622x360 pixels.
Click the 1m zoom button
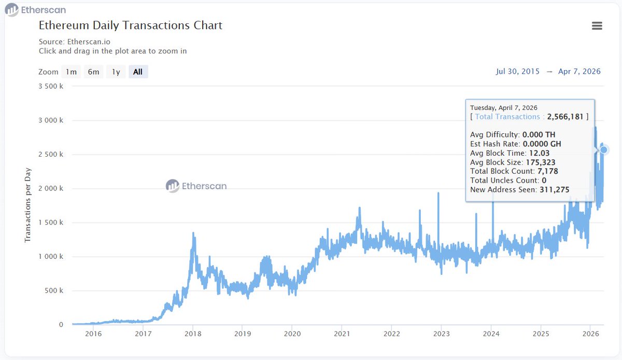(72, 72)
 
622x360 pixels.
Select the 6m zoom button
(93, 72)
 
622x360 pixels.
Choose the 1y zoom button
(116, 72)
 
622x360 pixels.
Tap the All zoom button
(138, 72)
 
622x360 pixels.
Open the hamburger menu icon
(597, 26)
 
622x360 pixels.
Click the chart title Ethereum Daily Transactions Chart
(131, 25)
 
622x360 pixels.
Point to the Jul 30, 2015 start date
(517, 72)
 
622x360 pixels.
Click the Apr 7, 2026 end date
(579, 72)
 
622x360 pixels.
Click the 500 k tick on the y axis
(54, 290)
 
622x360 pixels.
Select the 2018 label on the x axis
(193, 334)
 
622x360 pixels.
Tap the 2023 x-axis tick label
(441, 334)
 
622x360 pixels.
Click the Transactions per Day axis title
(28, 206)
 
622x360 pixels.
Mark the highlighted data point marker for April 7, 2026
(603, 150)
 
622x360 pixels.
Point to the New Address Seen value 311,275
(555, 190)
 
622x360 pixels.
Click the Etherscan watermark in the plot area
(196, 186)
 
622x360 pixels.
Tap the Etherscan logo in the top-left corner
(36, 10)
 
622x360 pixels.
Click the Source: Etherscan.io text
(75, 41)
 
